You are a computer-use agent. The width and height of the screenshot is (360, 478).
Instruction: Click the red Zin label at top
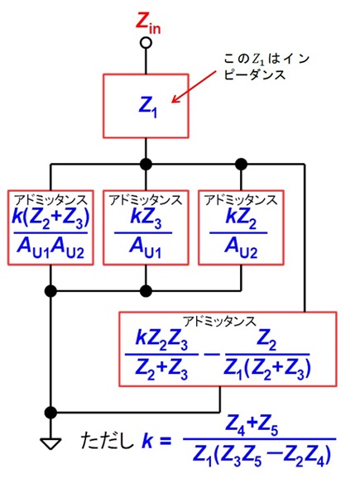point(148,24)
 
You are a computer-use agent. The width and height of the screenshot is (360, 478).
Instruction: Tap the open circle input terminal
point(146,43)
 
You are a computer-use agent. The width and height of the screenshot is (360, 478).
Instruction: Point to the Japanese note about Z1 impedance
point(266,66)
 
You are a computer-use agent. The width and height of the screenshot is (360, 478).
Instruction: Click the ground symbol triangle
point(50,443)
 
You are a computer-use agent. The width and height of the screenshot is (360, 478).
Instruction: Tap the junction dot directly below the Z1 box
point(146,165)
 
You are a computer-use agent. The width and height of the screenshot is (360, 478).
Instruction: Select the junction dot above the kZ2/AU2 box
point(241,165)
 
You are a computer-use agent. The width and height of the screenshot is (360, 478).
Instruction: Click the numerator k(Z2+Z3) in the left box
point(50,218)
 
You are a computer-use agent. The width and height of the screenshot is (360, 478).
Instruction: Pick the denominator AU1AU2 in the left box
point(50,249)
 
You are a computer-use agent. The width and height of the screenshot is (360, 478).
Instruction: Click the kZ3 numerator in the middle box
point(146,218)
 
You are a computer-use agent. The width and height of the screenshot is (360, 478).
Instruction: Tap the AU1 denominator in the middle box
point(145,249)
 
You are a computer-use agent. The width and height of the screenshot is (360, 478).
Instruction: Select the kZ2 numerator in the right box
point(241,218)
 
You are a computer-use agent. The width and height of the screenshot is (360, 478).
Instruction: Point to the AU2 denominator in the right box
point(241,249)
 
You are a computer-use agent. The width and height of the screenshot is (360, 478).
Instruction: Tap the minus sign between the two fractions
point(212,355)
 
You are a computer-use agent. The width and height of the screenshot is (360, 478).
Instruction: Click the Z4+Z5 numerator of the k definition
point(252,426)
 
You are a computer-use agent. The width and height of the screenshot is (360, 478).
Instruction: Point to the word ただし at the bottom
point(108,441)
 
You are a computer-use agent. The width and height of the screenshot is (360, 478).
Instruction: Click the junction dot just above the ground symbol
point(50,413)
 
